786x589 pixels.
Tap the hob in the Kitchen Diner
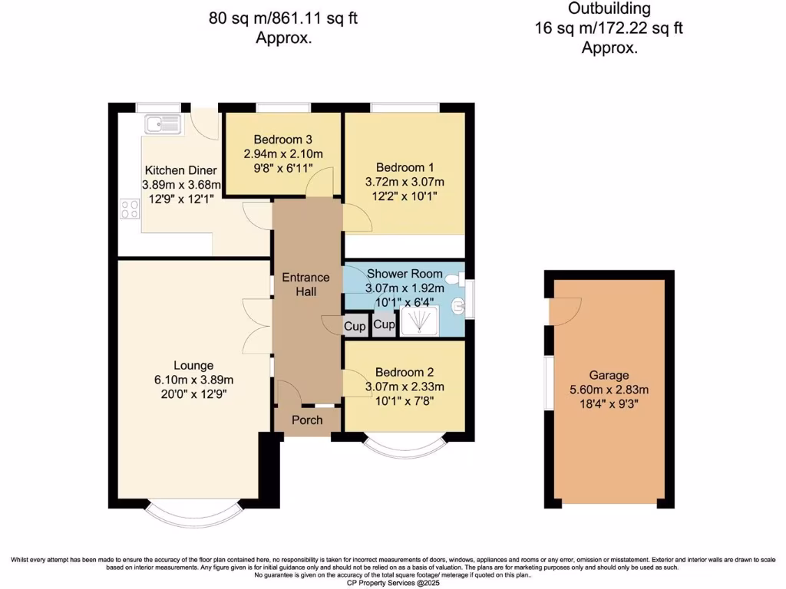tap(128, 208)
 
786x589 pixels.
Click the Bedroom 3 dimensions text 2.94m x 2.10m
tap(283, 154)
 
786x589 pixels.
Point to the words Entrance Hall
tap(305, 284)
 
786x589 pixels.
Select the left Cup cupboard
tap(355, 326)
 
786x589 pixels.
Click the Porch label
tap(307, 420)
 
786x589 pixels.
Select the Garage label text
tap(609, 375)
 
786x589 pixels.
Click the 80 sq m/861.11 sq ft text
tap(283, 17)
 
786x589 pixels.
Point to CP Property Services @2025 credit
tap(392, 582)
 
